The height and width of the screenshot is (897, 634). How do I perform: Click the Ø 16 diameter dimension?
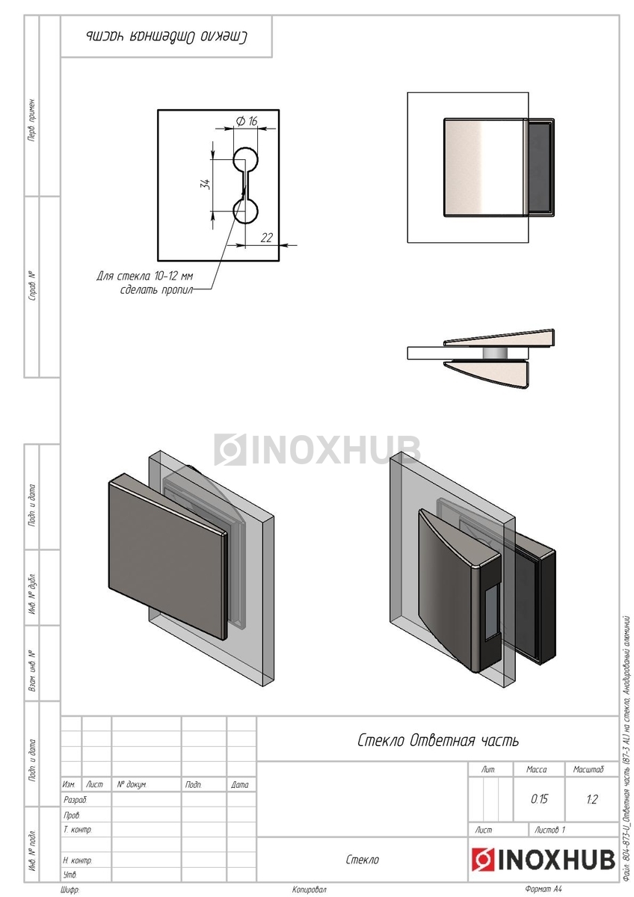click(247, 121)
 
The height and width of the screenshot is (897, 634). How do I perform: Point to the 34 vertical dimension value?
click(204, 185)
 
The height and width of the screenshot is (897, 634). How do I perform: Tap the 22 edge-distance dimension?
click(267, 237)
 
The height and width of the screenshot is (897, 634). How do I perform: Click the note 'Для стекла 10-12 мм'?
click(145, 276)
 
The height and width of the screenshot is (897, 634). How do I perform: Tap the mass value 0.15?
click(539, 799)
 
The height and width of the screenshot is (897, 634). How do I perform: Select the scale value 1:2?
click(591, 799)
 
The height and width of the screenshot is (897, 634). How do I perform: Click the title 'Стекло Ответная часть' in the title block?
click(437, 741)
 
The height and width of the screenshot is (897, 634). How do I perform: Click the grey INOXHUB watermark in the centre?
click(318, 449)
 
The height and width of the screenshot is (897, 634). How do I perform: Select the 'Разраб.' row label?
click(76, 800)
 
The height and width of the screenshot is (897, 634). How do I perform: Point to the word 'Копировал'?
click(310, 890)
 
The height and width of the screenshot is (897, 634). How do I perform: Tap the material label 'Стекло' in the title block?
click(363, 860)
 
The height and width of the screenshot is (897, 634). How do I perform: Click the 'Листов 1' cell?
click(550, 830)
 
